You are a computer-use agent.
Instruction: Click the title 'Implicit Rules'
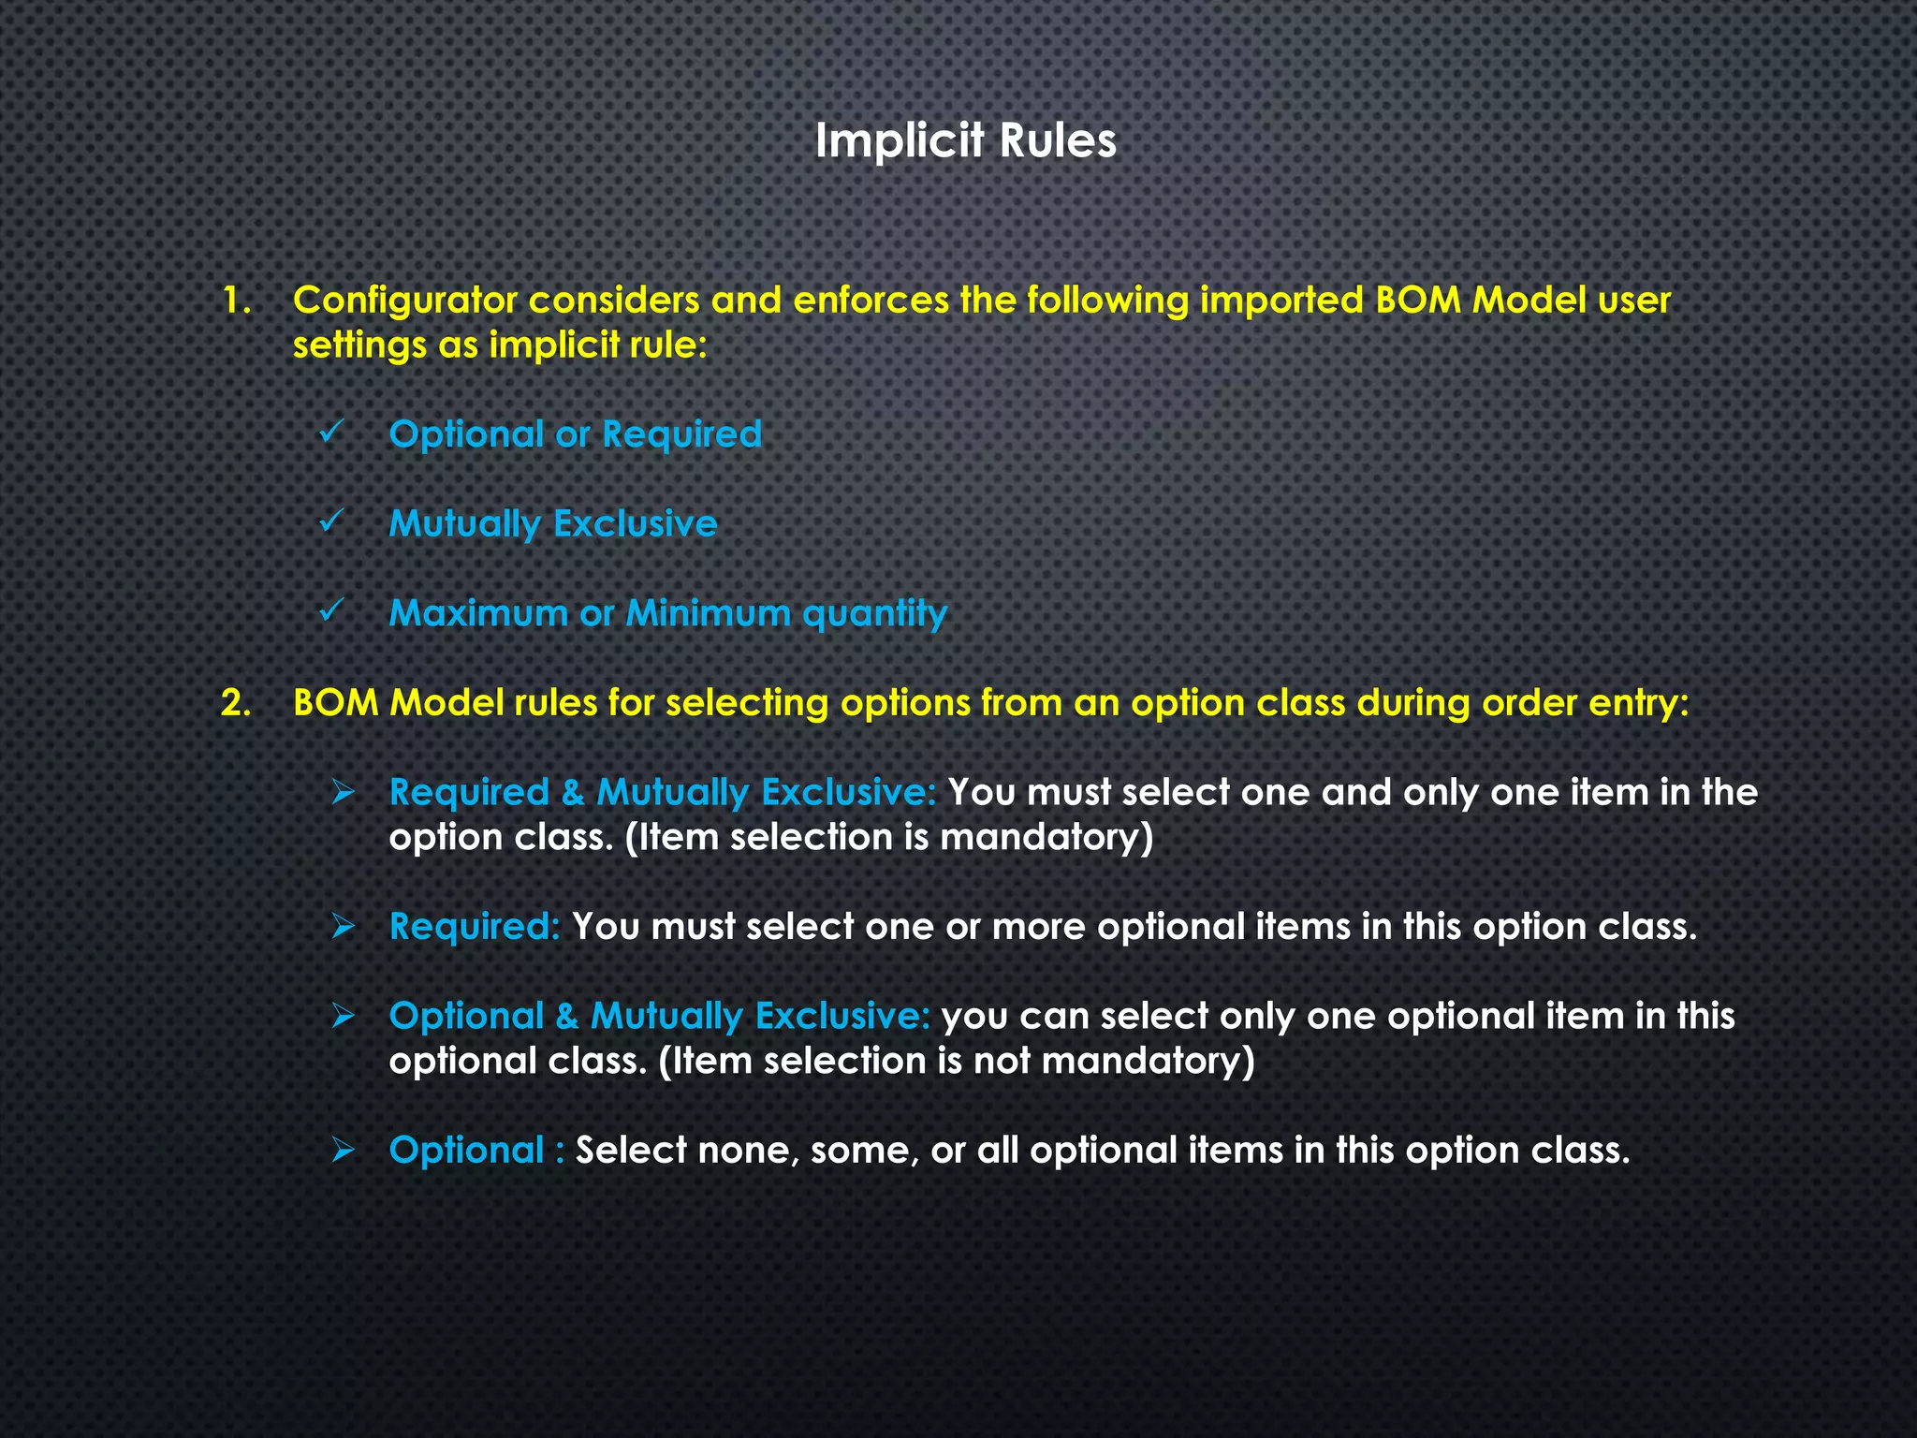(965, 141)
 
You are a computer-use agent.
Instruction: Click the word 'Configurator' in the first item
(404, 301)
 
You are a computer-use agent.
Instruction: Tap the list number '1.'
(237, 301)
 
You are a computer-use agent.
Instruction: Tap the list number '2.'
(236, 703)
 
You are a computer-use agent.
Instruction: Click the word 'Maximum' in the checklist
(477, 613)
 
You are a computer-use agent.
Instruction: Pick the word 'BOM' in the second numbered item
(335, 703)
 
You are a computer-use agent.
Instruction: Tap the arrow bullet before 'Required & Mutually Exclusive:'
(344, 793)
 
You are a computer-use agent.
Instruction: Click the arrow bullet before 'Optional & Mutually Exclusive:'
(344, 1016)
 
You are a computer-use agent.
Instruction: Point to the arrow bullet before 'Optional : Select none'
(344, 1151)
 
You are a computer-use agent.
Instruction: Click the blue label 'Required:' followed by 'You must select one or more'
(474, 927)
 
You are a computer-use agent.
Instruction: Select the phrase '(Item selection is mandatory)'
(888, 837)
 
